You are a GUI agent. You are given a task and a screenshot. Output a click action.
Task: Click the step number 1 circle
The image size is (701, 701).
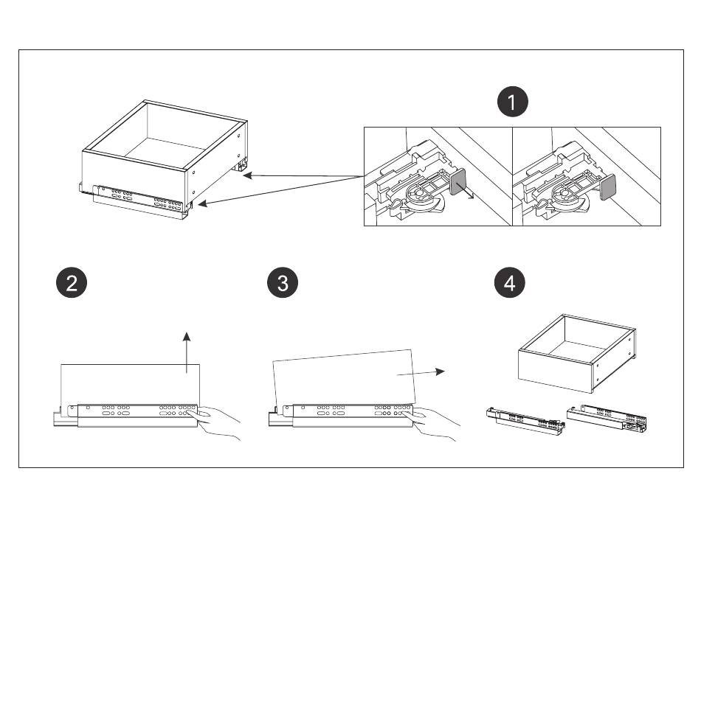tap(513, 102)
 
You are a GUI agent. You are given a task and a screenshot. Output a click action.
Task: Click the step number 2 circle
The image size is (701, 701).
tap(72, 283)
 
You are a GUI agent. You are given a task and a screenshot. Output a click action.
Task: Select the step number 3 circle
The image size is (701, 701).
tap(283, 283)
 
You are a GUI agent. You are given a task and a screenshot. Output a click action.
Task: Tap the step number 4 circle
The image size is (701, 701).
tap(510, 283)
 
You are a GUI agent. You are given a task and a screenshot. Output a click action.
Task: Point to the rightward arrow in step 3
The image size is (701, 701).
tap(421, 373)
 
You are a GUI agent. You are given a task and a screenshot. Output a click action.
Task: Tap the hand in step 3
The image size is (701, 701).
tap(435, 425)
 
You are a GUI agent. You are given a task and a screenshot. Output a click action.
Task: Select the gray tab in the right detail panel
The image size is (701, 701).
tap(607, 186)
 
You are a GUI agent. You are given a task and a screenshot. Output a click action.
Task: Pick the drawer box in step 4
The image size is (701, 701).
tap(576, 353)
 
